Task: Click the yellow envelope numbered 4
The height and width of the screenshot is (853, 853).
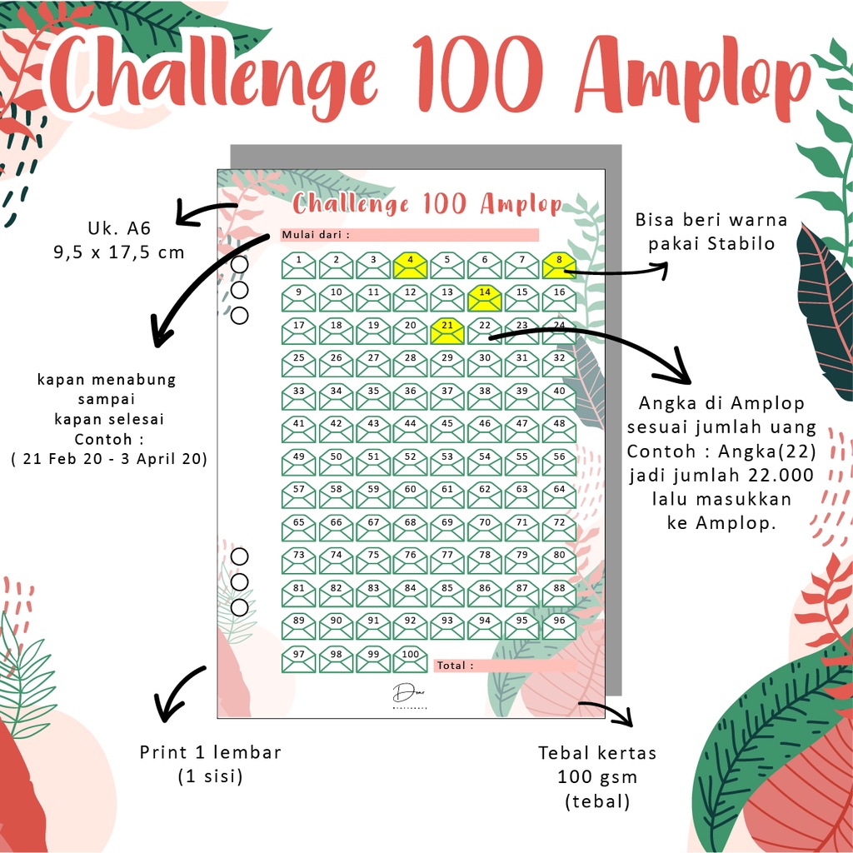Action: (410, 265)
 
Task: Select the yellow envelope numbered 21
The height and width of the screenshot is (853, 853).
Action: (447, 331)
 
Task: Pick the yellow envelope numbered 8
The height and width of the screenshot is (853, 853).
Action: (559, 265)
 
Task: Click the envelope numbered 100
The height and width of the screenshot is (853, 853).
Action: (410, 659)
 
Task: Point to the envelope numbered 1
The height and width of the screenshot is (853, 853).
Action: (298, 265)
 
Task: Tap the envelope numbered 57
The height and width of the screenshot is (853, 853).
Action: (298, 495)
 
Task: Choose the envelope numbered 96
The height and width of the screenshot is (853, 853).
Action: (559, 626)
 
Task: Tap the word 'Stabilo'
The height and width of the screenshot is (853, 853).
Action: (747, 244)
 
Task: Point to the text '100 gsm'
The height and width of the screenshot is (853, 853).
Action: (597, 777)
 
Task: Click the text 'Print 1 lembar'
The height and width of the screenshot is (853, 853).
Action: (209, 752)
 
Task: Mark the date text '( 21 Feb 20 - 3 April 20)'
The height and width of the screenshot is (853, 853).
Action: (109, 459)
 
